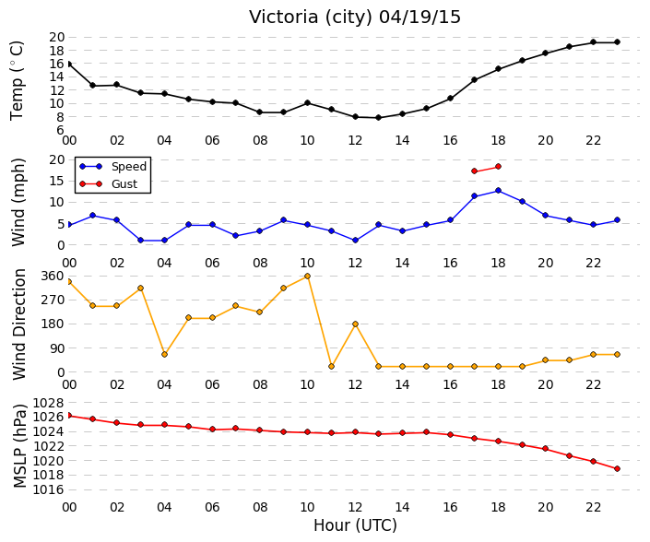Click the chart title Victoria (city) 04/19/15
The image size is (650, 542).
[355, 18]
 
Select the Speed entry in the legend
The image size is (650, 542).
[129, 167]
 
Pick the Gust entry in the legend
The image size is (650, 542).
[124, 184]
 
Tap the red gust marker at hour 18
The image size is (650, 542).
[498, 167]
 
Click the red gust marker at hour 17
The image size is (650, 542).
[475, 171]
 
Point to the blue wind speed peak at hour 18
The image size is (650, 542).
[498, 191]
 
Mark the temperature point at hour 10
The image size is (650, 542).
[307, 102]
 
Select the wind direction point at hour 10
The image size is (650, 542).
[307, 276]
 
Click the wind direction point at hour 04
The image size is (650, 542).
[164, 354]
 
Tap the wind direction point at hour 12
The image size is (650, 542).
[355, 324]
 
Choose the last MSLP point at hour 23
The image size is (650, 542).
[617, 468]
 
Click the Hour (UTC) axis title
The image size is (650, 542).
[355, 525]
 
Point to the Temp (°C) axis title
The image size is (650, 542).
[17, 80]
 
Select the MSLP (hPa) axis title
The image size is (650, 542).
[19, 446]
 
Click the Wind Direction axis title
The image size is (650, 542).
[19, 324]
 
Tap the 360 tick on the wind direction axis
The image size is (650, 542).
[53, 276]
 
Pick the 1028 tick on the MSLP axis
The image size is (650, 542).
[49, 403]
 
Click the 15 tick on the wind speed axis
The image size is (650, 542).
[57, 181]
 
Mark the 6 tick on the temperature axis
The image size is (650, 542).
[61, 130]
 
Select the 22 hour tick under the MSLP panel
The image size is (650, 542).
[593, 507]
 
